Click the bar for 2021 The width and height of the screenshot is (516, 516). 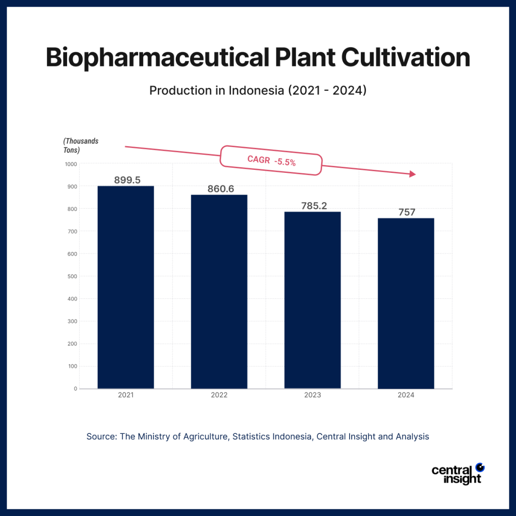click(x=125, y=287)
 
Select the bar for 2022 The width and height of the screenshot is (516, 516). click(x=219, y=291)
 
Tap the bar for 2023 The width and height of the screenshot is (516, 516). click(x=312, y=300)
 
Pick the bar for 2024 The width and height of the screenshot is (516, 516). click(x=406, y=303)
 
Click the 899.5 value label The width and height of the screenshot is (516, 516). click(x=127, y=180)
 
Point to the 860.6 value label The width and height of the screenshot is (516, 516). click(x=221, y=189)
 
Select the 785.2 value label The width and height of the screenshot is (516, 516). click(x=313, y=206)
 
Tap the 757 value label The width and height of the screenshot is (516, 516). click(x=407, y=212)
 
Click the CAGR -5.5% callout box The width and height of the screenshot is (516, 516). click(x=271, y=161)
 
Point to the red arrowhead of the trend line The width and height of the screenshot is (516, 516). click(x=412, y=174)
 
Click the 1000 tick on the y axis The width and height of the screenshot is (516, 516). click(x=71, y=164)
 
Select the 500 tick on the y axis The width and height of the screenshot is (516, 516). click(x=72, y=276)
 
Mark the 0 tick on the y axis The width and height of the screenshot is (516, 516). click(x=75, y=389)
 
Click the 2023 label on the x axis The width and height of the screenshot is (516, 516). click(x=312, y=396)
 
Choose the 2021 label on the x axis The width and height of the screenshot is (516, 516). click(x=125, y=396)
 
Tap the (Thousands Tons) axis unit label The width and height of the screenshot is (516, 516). click(x=81, y=146)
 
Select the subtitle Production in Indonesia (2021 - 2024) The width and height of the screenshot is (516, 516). click(x=257, y=91)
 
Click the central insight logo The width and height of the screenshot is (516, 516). click(x=457, y=474)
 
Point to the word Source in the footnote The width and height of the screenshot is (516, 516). click(x=101, y=436)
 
